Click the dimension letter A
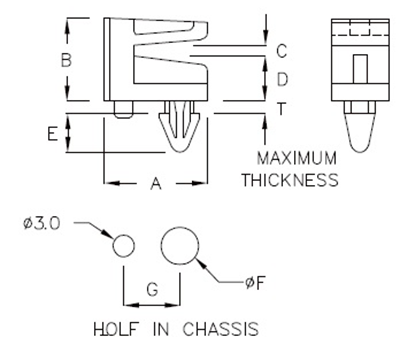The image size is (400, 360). pyautogui.click(x=154, y=183)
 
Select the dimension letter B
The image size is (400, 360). pyautogui.click(x=66, y=60)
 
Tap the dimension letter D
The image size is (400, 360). pyautogui.click(x=281, y=78)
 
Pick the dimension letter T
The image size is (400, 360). pyautogui.click(x=281, y=110)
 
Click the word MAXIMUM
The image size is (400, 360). pyautogui.click(x=297, y=160)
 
